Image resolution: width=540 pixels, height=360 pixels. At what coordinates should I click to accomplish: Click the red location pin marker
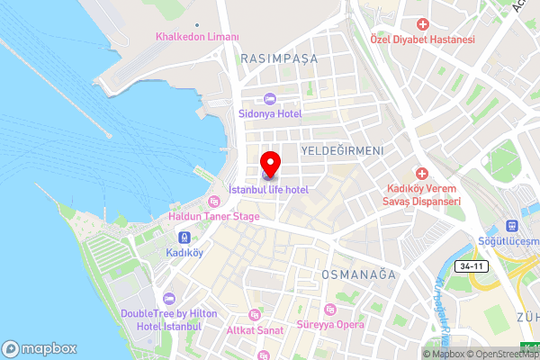click(269, 165)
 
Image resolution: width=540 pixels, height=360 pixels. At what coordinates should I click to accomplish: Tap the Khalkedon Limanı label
click(197, 37)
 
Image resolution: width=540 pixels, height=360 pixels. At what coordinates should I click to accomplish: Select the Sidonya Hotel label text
click(269, 114)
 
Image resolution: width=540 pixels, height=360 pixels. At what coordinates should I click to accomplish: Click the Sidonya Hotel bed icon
click(269, 99)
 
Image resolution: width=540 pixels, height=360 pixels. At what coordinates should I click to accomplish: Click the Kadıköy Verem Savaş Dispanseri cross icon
click(422, 173)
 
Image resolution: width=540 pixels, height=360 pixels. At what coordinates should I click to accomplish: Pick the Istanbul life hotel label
click(269, 190)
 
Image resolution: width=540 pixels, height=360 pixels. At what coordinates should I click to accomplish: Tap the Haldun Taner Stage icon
click(214, 201)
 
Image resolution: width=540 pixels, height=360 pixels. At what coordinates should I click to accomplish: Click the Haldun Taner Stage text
click(214, 216)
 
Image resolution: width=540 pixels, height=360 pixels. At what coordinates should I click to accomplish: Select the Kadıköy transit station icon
click(184, 238)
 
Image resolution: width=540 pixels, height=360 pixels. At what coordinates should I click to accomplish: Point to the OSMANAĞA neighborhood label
click(359, 274)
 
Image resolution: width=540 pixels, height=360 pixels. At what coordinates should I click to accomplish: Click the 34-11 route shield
click(472, 267)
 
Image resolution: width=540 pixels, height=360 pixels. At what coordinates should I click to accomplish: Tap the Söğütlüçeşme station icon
click(512, 227)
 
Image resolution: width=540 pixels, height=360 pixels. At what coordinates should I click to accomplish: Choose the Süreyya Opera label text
click(331, 323)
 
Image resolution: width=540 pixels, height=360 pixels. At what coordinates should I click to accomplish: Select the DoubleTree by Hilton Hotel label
click(161, 319)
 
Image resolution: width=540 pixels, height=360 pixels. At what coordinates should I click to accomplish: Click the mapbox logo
click(39, 347)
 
